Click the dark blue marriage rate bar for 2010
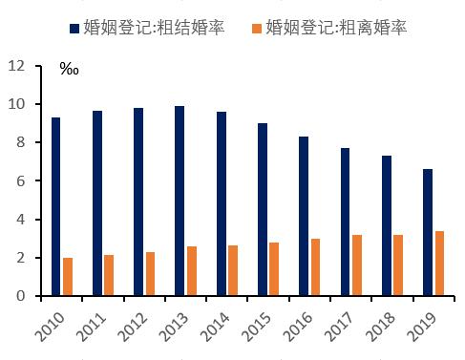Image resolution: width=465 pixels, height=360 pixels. click(56, 206)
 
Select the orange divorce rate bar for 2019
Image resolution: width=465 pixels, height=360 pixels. click(438, 264)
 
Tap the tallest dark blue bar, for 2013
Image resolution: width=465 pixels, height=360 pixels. click(180, 201)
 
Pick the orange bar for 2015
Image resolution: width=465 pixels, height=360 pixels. click(273, 269)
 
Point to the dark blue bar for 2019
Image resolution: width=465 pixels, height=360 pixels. click(427, 232)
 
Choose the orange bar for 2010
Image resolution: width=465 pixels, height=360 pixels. click(68, 277)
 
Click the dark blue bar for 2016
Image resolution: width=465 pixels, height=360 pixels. click(303, 216)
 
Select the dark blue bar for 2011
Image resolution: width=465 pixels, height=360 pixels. click(97, 203)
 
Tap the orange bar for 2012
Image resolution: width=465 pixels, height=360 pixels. click(150, 274)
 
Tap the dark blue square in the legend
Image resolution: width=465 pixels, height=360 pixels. click(76, 28)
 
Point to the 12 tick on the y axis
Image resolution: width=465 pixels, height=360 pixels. click(16, 66)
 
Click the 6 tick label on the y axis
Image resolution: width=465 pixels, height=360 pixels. click(20, 181)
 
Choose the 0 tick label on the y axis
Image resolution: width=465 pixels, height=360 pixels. click(20, 296)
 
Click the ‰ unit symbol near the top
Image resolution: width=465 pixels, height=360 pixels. click(69, 71)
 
